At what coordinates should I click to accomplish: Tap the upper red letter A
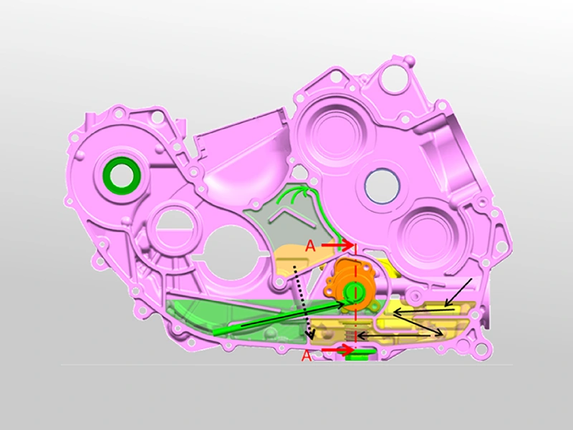310,246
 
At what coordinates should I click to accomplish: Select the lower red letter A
307,355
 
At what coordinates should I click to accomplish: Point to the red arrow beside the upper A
337,245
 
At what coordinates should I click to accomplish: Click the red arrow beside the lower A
336,350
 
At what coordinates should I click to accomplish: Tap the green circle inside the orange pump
352,292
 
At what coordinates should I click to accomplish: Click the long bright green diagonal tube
279,316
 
